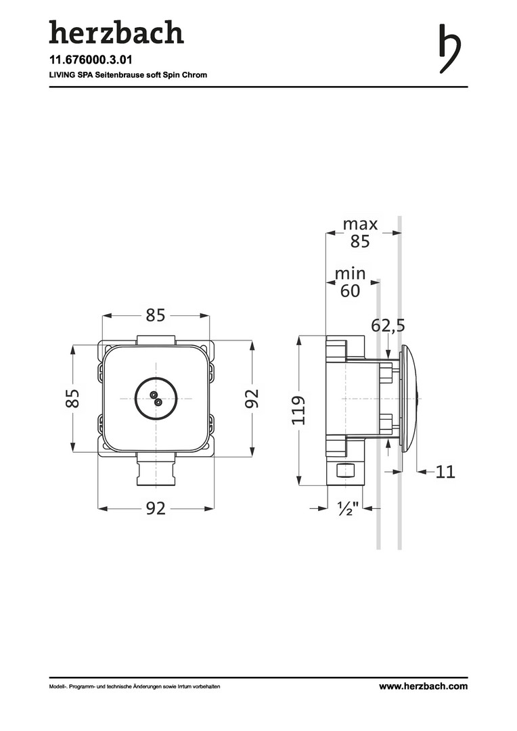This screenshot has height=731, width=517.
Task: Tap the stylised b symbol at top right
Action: coord(450,49)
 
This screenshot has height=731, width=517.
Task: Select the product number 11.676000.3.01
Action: coord(91,60)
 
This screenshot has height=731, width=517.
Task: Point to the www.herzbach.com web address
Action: coord(423,686)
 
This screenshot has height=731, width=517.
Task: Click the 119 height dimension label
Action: coord(298,409)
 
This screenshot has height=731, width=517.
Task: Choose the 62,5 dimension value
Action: coord(388,326)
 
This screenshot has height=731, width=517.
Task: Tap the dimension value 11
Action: coord(445,472)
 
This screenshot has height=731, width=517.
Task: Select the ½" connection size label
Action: coord(349,508)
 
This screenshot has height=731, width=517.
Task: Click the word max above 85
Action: coord(360,224)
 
